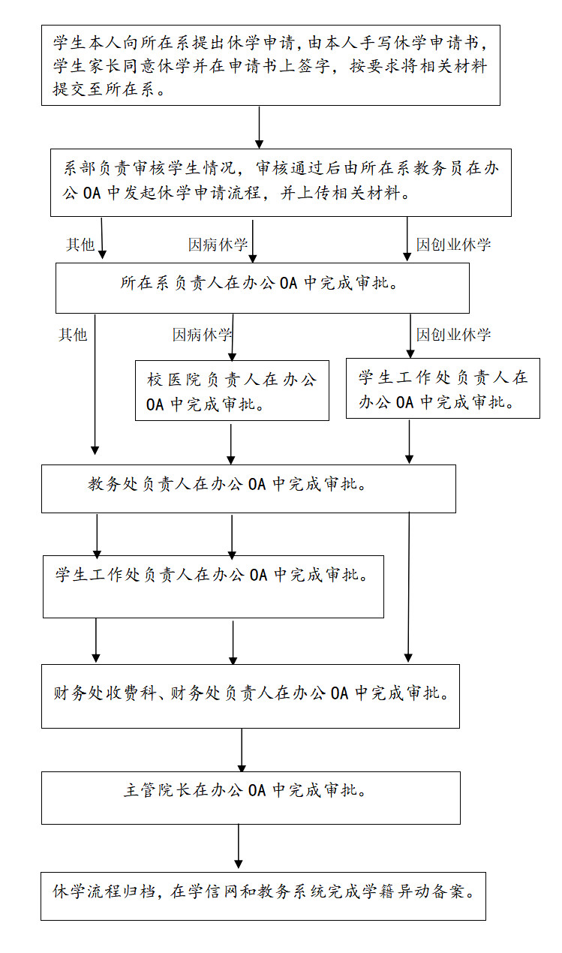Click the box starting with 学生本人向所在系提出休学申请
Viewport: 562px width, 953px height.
271,65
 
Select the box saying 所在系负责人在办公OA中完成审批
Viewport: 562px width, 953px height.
263,288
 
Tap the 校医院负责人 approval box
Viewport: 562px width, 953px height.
232,390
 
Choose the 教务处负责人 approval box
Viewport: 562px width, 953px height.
248,489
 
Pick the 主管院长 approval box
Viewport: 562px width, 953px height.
251,798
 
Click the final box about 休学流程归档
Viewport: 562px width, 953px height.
263,896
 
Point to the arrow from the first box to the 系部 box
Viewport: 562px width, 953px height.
259,128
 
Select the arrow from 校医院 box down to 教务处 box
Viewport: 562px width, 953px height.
231,443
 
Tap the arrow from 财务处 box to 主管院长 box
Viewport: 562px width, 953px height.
242,750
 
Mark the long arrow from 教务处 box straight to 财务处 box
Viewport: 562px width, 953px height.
408,587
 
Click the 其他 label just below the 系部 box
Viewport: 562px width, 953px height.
80,245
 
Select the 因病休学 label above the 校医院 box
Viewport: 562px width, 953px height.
202,335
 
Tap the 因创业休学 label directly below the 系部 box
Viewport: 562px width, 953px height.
453,245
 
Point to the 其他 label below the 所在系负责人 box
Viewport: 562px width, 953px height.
73,335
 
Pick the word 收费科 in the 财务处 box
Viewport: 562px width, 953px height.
131,693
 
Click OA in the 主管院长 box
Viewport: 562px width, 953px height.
257,790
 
